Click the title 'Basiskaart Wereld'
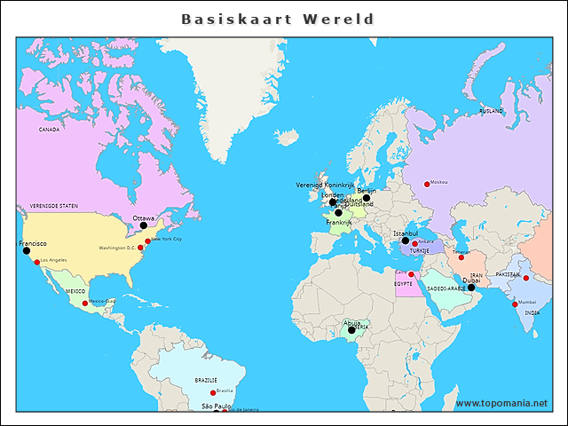click(x=277, y=19)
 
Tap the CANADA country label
click(x=49, y=130)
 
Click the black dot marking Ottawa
click(x=144, y=225)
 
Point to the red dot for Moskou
click(x=426, y=184)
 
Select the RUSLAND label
click(x=491, y=111)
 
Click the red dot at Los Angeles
click(x=37, y=262)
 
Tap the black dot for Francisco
click(x=26, y=251)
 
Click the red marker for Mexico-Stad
click(x=85, y=304)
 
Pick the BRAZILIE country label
click(x=206, y=380)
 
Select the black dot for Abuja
click(x=351, y=330)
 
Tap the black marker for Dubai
click(x=471, y=288)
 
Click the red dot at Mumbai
click(x=515, y=304)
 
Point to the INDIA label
click(x=532, y=313)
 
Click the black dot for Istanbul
click(x=405, y=241)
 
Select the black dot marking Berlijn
click(x=367, y=198)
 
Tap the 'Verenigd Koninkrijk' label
click(x=325, y=185)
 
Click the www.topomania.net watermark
click(x=502, y=404)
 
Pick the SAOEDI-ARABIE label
click(x=446, y=288)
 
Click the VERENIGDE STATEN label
click(x=54, y=205)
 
